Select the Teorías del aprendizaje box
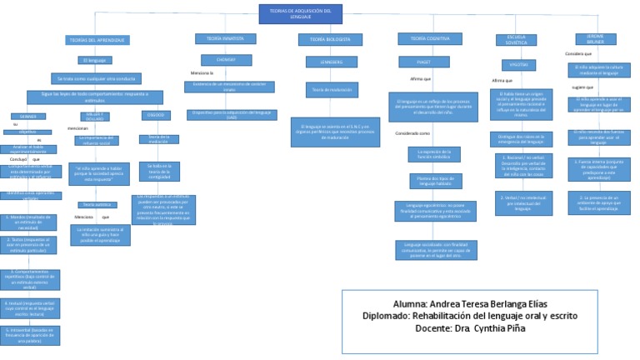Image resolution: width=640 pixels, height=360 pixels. [97, 40]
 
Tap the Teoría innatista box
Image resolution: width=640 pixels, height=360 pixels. [220, 38]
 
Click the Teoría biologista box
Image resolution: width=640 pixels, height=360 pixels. [330, 39]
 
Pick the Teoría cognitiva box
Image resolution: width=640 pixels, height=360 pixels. [429, 38]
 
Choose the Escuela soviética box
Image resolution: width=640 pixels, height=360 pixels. [516, 39]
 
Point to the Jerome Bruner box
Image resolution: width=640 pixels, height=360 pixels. [595, 38]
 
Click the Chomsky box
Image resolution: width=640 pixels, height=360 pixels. [220, 60]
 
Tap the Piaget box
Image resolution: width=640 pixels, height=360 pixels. [424, 62]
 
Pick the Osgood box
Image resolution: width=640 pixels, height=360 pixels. [156, 115]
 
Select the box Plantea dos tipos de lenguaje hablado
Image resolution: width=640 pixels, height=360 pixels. [435, 181]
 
